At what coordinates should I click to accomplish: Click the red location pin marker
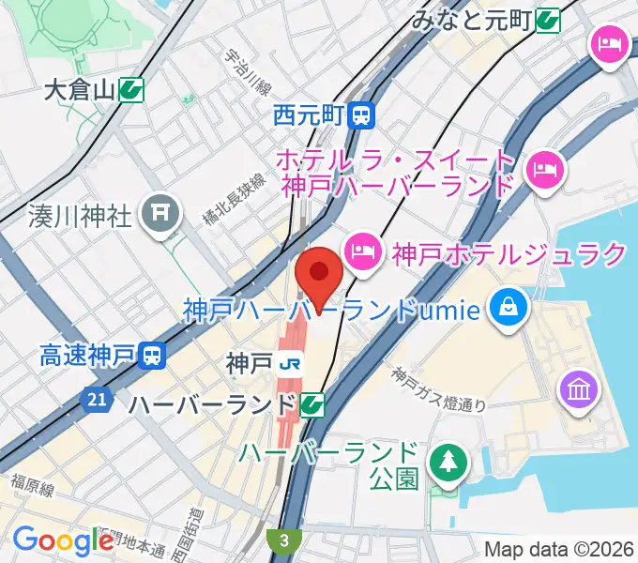click(x=318, y=275)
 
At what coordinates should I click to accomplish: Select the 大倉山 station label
click(x=79, y=91)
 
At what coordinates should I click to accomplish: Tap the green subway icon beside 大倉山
click(x=131, y=90)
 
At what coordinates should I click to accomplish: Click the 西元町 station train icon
click(x=361, y=115)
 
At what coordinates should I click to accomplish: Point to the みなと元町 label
click(x=473, y=19)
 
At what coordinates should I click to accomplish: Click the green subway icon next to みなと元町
click(x=550, y=19)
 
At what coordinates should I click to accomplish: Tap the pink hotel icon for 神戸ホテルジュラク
click(x=361, y=251)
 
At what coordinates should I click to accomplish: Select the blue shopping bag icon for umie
click(x=508, y=307)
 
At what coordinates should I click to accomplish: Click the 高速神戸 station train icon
click(x=151, y=355)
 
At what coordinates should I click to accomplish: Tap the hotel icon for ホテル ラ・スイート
click(x=544, y=170)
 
